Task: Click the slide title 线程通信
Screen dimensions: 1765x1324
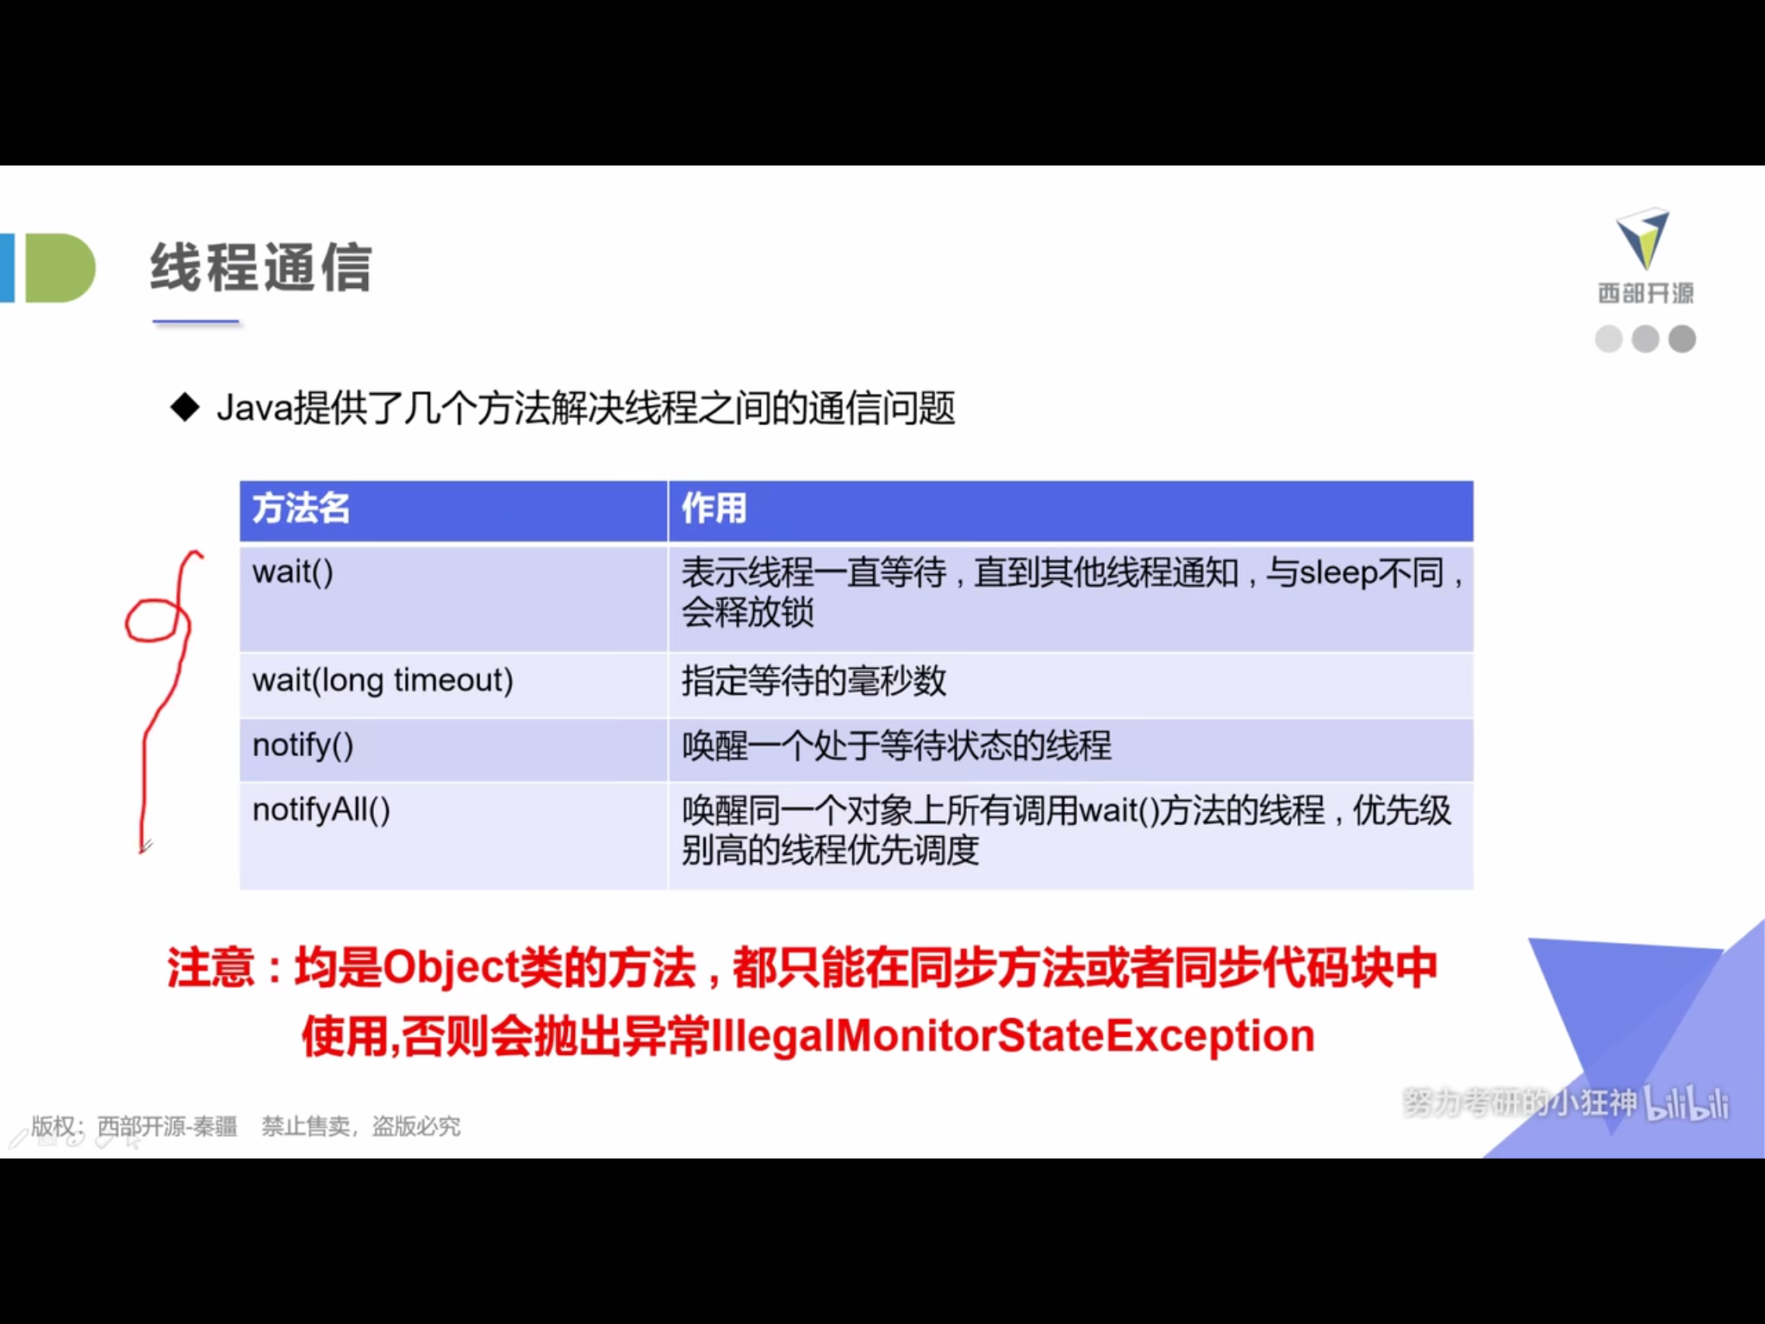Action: click(x=261, y=267)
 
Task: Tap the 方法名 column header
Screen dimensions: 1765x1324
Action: click(x=301, y=508)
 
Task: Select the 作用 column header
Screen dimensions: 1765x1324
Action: click(x=714, y=508)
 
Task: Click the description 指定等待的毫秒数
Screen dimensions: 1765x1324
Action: click(x=814, y=681)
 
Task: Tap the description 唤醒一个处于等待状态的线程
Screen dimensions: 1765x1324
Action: click(x=896, y=746)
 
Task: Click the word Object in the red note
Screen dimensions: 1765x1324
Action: click(x=450, y=967)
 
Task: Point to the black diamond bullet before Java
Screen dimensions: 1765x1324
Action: click(x=185, y=408)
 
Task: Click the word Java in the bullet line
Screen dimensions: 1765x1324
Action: click(x=255, y=408)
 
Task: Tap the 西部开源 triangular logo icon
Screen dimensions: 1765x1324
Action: click(x=1643, y=238)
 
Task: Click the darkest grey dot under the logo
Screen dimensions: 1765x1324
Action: click(x=1682, y=339)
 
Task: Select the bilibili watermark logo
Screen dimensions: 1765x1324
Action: click(x=1687, y=1102)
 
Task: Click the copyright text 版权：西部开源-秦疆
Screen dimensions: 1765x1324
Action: click(x=134, y=1126)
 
